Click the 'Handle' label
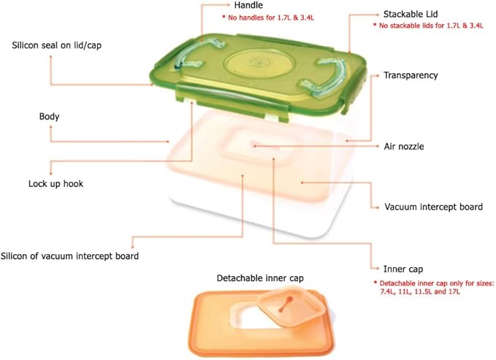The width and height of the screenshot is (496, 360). tap(248, 5)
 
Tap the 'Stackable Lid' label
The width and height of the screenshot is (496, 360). tap(411, 14)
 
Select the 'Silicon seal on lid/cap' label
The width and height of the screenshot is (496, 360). tap(57, 45)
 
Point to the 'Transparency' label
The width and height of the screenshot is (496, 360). tap(411, 75)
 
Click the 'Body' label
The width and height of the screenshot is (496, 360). tap(50, 116)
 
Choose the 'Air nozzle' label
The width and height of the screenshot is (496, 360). tap(404, 147)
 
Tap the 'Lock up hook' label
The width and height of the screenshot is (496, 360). tap(56, 184)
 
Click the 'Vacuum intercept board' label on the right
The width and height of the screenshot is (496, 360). tap(433, 207)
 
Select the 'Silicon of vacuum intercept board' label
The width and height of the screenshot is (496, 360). tap(69, 256)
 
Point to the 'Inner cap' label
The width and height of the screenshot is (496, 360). tap(403, 269)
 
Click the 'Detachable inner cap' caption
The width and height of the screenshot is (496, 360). tap(260, 278)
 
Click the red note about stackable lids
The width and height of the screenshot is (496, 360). tap(428, 26)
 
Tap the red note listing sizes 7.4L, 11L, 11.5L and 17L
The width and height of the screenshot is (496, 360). tap(434, 287)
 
